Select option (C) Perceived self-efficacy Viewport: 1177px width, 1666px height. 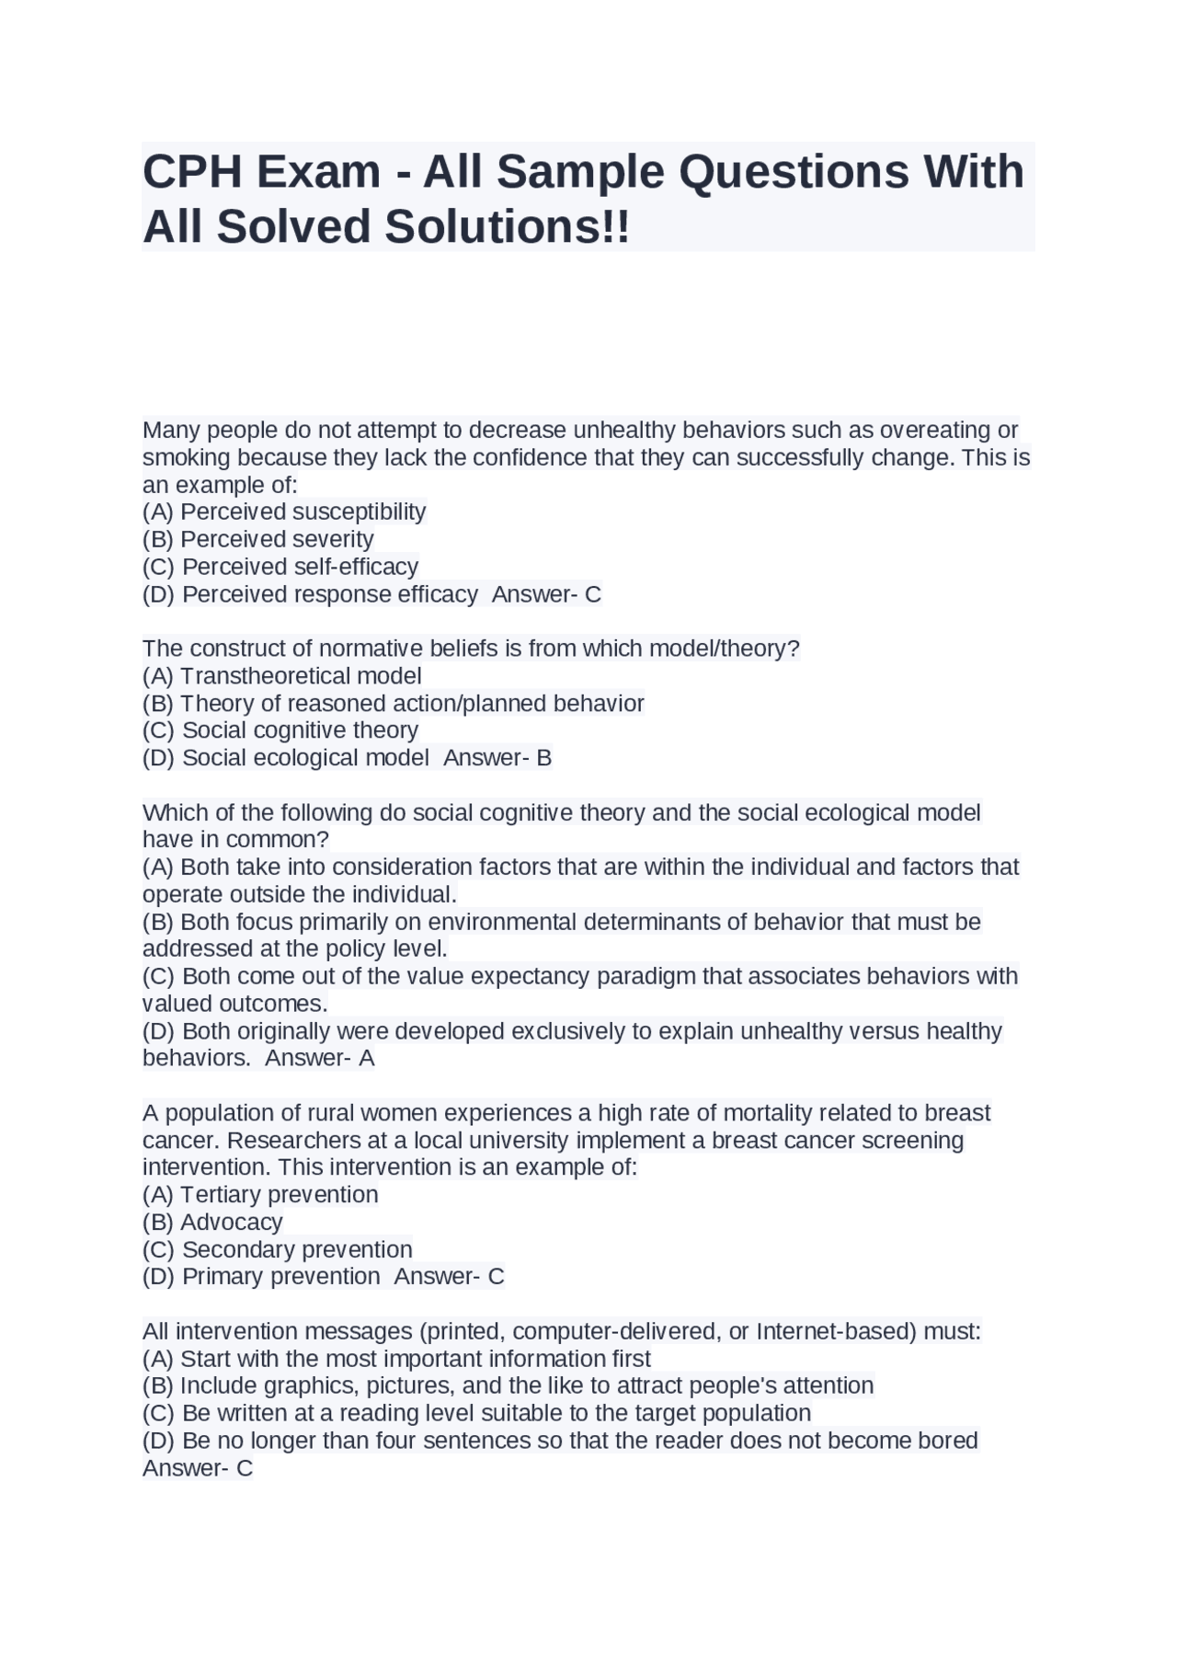[x=280, y=567]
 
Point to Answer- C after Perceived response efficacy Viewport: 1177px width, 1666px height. [x=546, y=594]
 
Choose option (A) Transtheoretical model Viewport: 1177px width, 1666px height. [x=282, y=676]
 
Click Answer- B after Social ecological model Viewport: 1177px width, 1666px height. [x=497, y=758]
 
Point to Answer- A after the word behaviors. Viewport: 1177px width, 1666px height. [x=320, y=1058]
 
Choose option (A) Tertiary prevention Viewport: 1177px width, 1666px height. [x=260, y=1195]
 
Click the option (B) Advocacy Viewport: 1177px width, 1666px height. [x=212, y=1223]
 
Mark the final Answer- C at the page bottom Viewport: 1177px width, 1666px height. [x=198, y=1468]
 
